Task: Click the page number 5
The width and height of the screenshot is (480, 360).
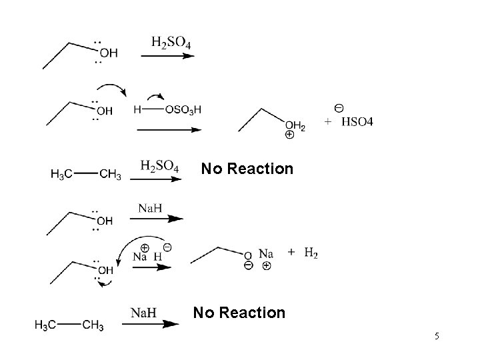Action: (x=437, y=336)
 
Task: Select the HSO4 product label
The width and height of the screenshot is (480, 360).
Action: (x=358, y=122)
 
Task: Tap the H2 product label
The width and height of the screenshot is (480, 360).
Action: (x=311, y=252)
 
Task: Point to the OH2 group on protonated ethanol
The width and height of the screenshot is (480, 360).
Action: (x=295, y=125)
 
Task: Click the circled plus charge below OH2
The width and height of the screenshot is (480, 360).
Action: (x=289, y=135)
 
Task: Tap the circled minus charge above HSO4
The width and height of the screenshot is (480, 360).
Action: (x=339, y=108)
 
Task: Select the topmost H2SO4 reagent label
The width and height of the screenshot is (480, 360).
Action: (x=171, y=43)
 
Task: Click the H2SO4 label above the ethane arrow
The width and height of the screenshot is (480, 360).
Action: (x=159, y=165)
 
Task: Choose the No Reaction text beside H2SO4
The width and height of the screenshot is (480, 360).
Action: (x=247, y=169)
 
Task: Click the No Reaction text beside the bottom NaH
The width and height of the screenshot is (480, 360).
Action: (x=239, y=312)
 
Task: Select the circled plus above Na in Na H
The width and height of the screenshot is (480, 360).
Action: (x=144, y=247)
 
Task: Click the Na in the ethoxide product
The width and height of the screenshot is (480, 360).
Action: (x=265, y=253)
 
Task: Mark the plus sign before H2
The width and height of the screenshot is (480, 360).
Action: (x=291, y=252)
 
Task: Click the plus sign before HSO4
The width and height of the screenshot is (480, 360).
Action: (x=328, y=122)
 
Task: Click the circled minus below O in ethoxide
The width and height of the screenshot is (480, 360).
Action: (x=248, y=265)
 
